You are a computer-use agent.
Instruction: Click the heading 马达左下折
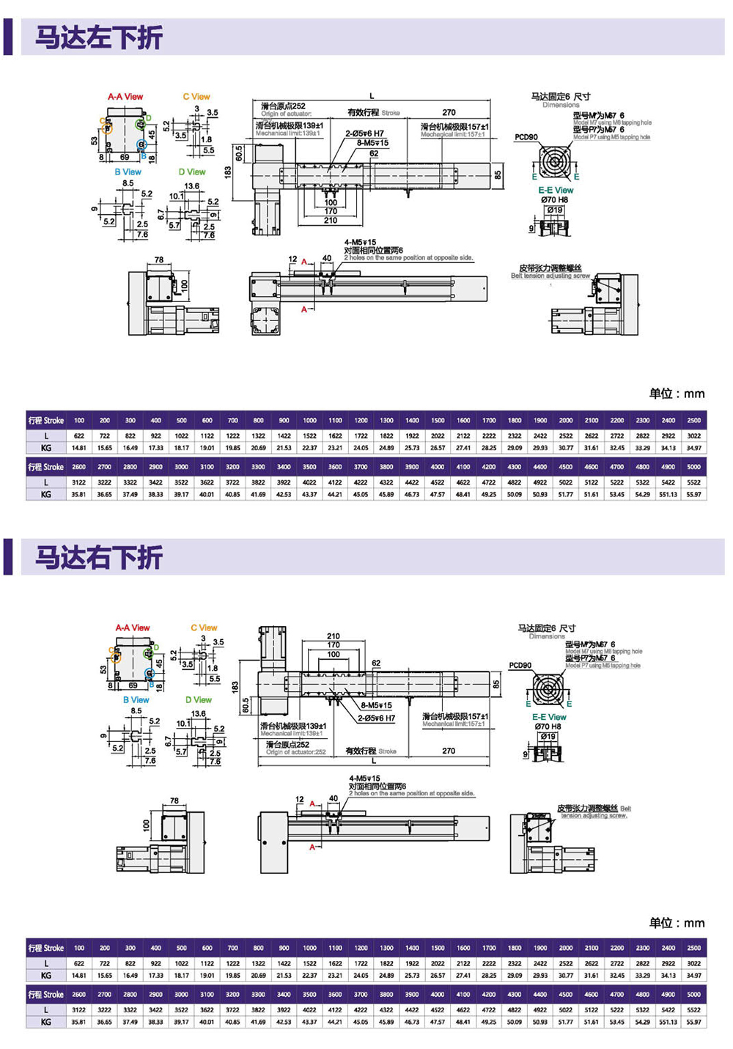point(99,37)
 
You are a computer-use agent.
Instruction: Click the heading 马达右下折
point(99,558)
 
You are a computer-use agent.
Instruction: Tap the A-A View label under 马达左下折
point(125,97)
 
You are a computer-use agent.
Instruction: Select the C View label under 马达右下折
point(204,627)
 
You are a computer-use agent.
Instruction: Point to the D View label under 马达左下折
point(192,172)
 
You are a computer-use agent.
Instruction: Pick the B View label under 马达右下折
point(136,700)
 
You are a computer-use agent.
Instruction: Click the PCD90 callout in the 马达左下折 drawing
point(526,137)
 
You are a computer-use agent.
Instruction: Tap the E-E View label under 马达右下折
point(549,717)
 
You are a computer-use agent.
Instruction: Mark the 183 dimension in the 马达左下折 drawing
point(229,172)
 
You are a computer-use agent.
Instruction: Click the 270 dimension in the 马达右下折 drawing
point(449,751)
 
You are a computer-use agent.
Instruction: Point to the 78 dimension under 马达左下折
point(159,260)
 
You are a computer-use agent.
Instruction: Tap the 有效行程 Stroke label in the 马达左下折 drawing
point(374,113)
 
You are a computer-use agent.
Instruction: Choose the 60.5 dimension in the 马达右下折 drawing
point(246,705)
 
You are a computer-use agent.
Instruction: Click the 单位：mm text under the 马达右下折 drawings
point(677,923)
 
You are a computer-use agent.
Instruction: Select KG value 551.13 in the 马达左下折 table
point(668,495)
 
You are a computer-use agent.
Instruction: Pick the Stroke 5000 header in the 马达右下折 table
point(693,995)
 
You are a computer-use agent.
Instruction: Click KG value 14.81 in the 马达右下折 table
point(79,976)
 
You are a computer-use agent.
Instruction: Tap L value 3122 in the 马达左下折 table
point(79,482)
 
